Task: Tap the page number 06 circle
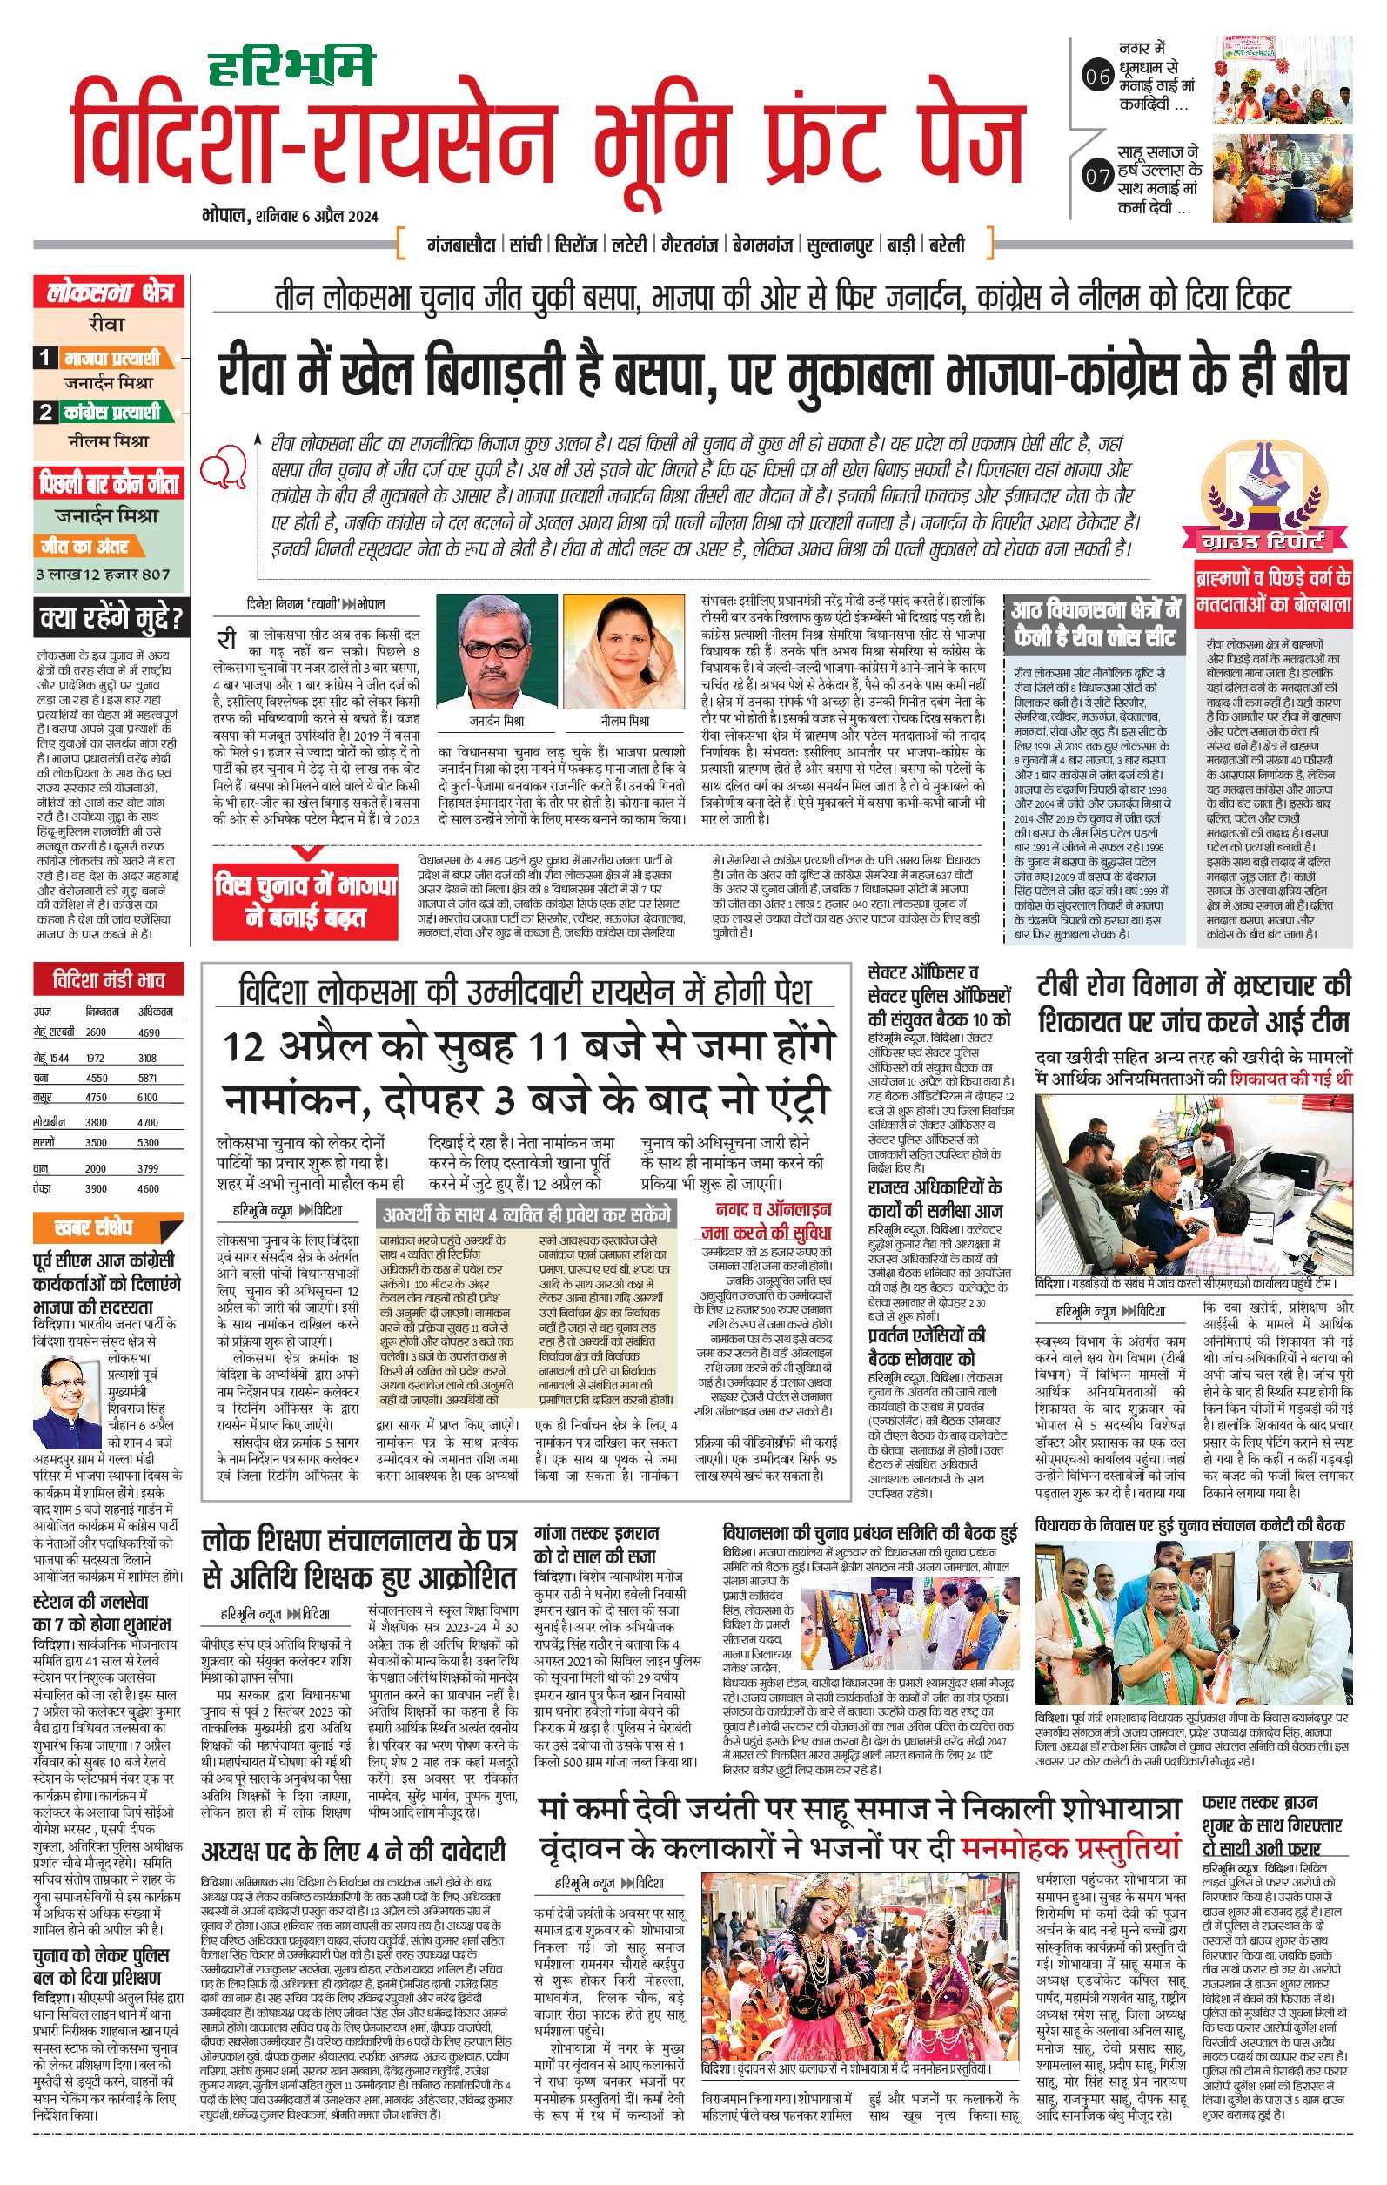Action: [x=1097, y=77]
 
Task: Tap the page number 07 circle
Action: [x=1097, y=175]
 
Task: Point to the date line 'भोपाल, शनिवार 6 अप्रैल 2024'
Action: [x=291, y=216]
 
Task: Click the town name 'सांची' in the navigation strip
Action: [x=526, y=245]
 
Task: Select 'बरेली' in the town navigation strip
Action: [x=947, y=245]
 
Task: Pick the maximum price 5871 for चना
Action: [x=148, y=1079]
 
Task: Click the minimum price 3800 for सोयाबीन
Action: [x=97, y=1122]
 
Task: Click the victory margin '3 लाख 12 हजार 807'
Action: [x=103, y=574]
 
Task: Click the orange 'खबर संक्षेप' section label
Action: [x=94, y=1227]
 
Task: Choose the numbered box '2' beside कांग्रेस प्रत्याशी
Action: [x=45, y=412]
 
